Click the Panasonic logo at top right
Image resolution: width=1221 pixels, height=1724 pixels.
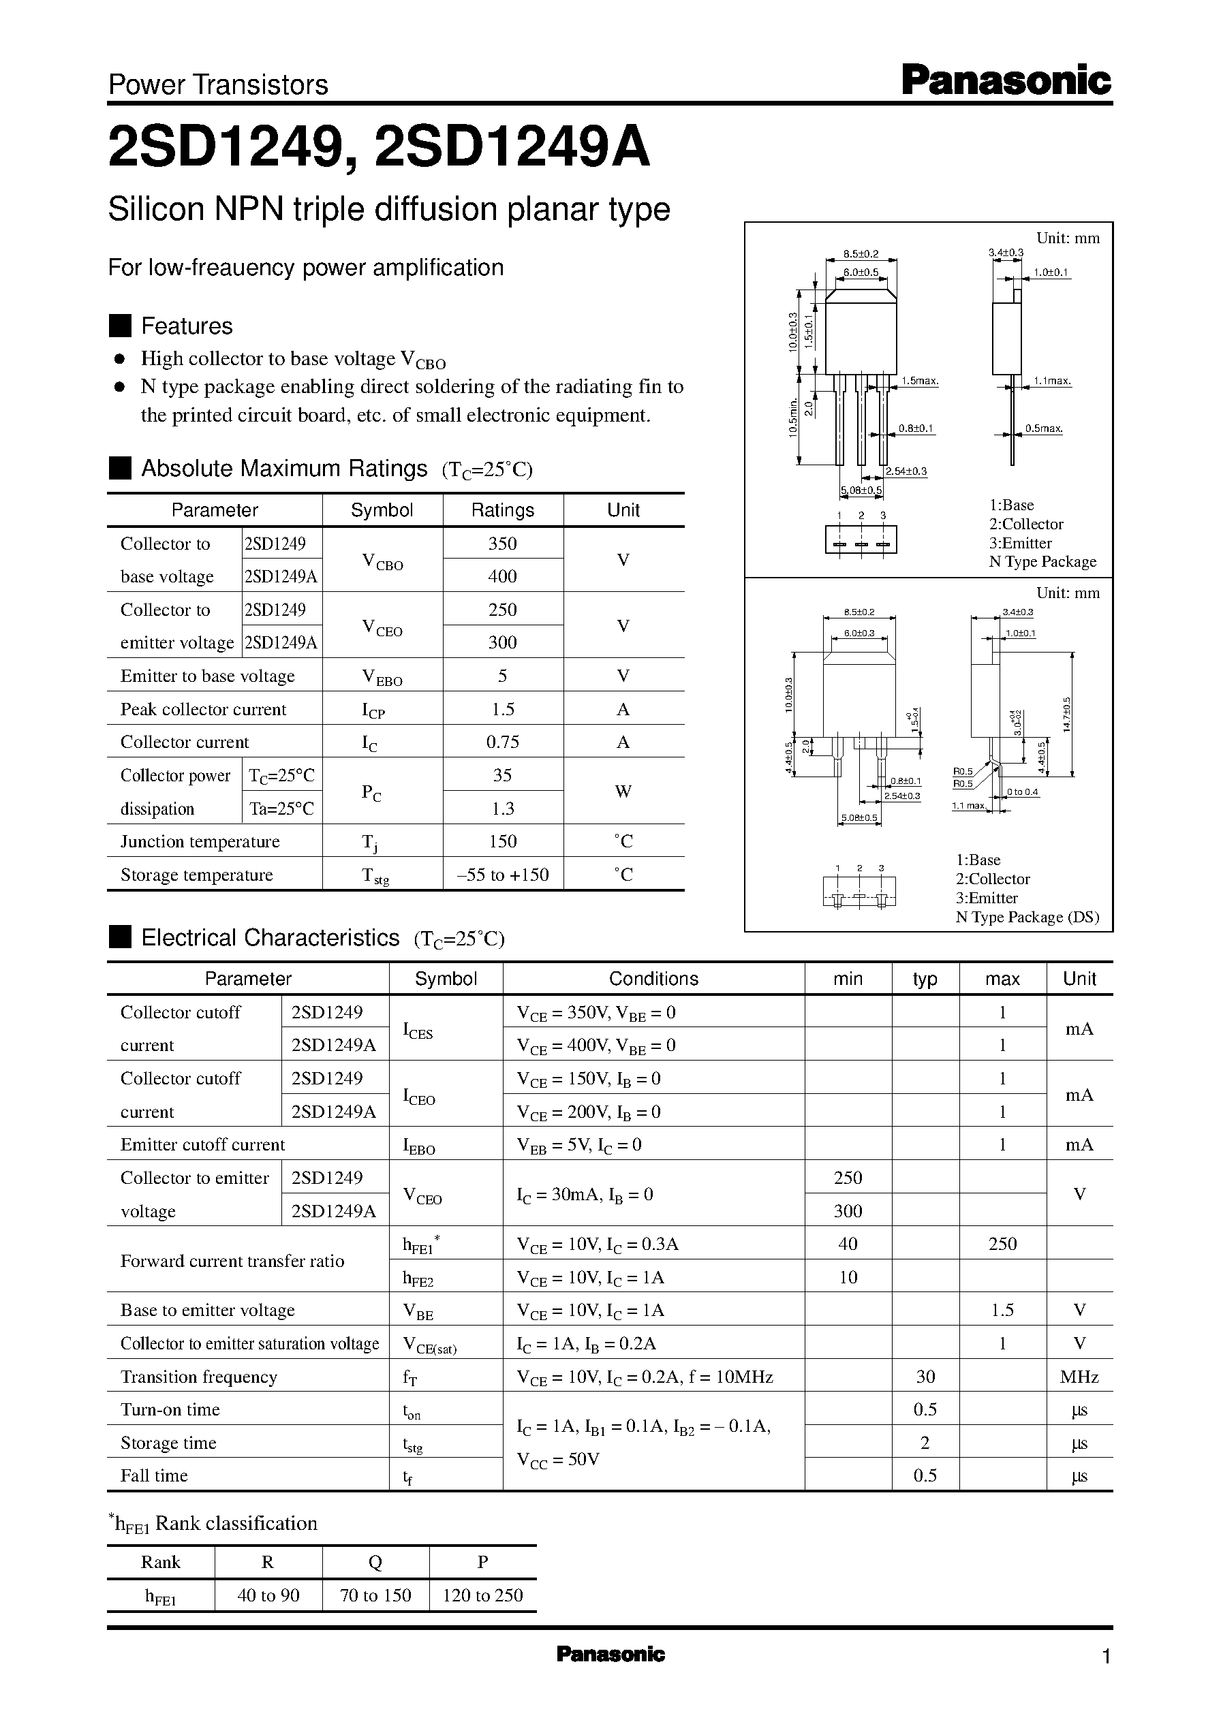tap(1005, 80)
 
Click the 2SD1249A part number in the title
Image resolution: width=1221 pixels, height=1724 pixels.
tap(511, 147)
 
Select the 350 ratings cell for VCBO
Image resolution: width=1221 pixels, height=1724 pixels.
tap(502, 544)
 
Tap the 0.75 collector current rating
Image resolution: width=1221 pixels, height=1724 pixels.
tap(502, 742)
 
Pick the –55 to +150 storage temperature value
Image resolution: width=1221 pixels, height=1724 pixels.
tap(502, 875)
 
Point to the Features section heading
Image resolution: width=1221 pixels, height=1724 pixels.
tap(187, 326)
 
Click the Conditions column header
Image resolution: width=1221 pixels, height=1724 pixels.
tap(653, 979)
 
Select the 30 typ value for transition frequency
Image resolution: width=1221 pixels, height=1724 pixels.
tap(925, 1376)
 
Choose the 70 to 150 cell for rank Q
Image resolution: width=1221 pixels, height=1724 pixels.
tap(375, 1595)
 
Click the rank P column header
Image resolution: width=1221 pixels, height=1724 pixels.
tap(482, 1563)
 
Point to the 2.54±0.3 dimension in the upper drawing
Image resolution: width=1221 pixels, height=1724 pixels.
tap(906, 471)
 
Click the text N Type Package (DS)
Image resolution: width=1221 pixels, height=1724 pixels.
tap(1027, 917)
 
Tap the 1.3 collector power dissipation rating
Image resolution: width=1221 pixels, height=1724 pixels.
tap(502, 809)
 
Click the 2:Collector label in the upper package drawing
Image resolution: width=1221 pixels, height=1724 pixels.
tap(1025, 524)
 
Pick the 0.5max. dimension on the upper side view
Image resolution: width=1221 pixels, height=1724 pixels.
tap(1044, 428)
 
